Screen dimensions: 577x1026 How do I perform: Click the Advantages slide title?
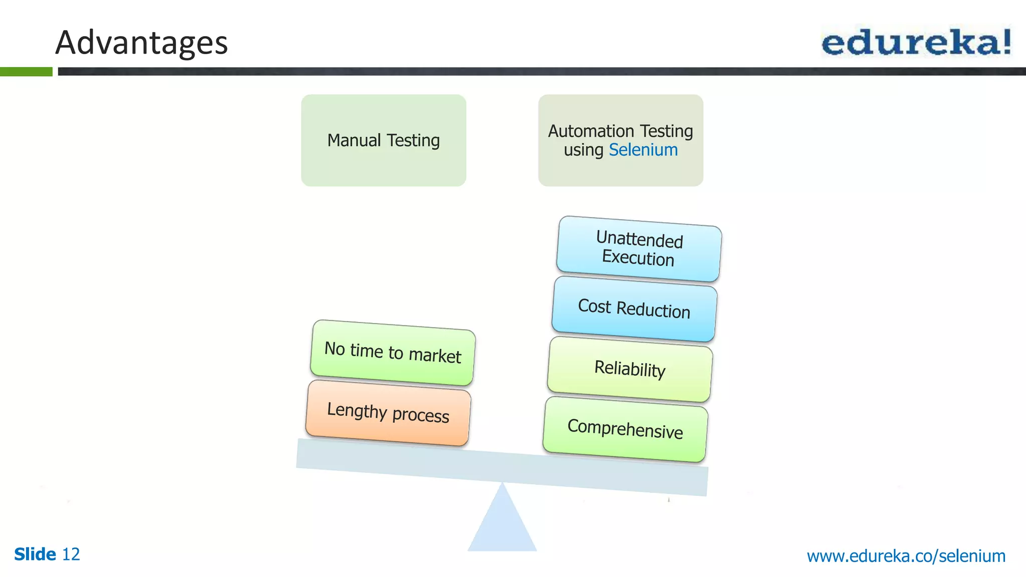tap(141, 43)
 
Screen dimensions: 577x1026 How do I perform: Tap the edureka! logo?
tap(916, 42)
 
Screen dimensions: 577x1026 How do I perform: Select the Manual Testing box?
tap(383, 140)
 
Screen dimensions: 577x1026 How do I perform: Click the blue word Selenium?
tap(643, 150)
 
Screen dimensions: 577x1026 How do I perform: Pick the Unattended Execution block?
tap(639, 249)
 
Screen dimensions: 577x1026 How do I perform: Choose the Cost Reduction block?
tap(634, 309)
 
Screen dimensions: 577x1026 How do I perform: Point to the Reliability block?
tap(630, 369)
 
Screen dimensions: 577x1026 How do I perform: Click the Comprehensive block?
tap(625, 429)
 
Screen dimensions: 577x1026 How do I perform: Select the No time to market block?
tap(393, 353)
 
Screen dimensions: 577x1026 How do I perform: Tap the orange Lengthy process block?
tap(388, 413)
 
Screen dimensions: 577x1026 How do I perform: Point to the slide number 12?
tap(71, 554)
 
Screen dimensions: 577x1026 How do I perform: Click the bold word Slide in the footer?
tap(35, 554)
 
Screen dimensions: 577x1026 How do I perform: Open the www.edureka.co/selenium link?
tap(906, 556)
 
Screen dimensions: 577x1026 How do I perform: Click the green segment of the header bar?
tap(26, 72)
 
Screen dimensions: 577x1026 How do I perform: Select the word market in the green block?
tap(435, 356)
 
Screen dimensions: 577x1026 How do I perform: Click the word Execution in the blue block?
tap(638, 258)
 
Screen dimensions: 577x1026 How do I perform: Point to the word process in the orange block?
tap(420, 415)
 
